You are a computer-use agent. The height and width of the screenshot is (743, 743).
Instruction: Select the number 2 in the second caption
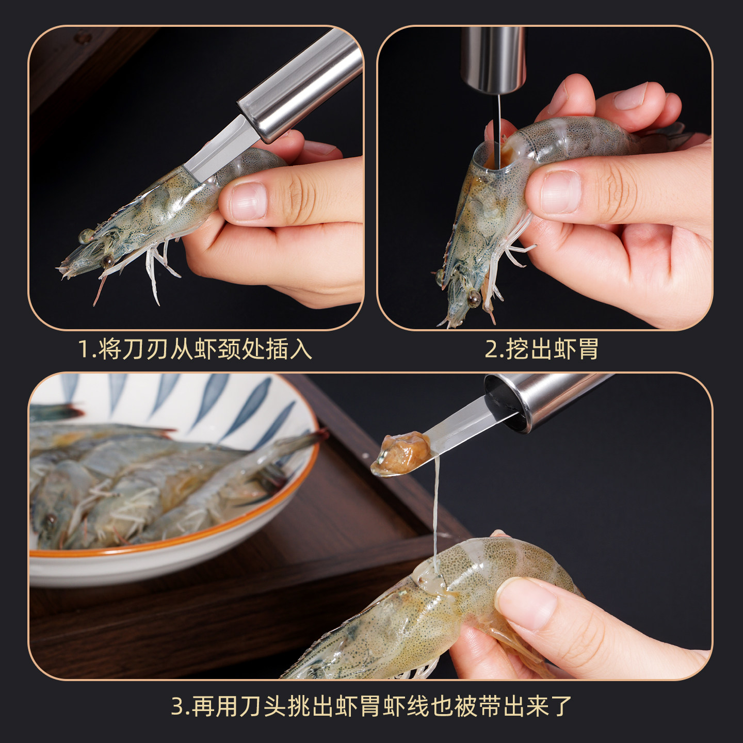coord(491,349)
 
